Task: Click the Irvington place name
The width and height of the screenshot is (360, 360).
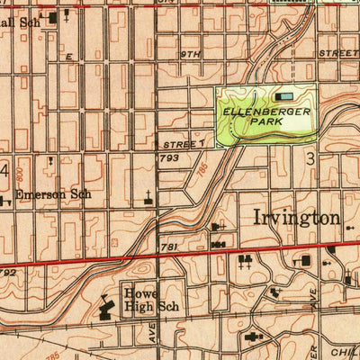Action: coord(297,218)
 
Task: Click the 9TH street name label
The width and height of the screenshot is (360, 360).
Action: coord(189,55)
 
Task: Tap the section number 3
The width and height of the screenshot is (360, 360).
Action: coord(310,159)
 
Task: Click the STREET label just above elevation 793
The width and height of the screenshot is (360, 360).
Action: coord(184,143)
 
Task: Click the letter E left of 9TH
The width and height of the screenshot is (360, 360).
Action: coord(67,56)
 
